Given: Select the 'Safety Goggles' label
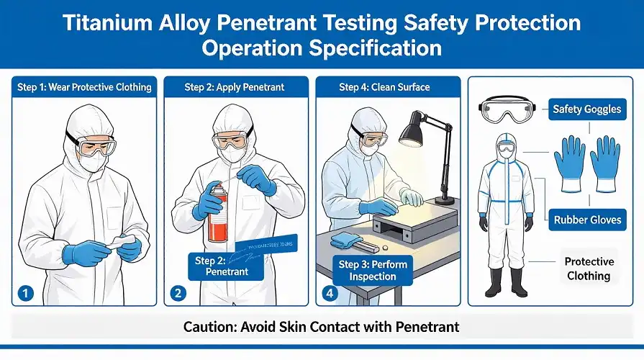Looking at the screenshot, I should coord(586,110).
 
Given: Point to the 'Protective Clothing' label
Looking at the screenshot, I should coord(589,269).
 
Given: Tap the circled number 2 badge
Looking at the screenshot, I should coord(178,293).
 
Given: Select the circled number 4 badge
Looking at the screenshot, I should coord(329,293).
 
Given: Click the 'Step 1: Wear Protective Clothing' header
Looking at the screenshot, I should coord(84,87).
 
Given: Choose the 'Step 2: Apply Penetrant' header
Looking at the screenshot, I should coord(235,87).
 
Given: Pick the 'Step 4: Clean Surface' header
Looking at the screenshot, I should coord(384,87).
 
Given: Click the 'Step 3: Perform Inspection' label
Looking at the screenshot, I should coord(373,270).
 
